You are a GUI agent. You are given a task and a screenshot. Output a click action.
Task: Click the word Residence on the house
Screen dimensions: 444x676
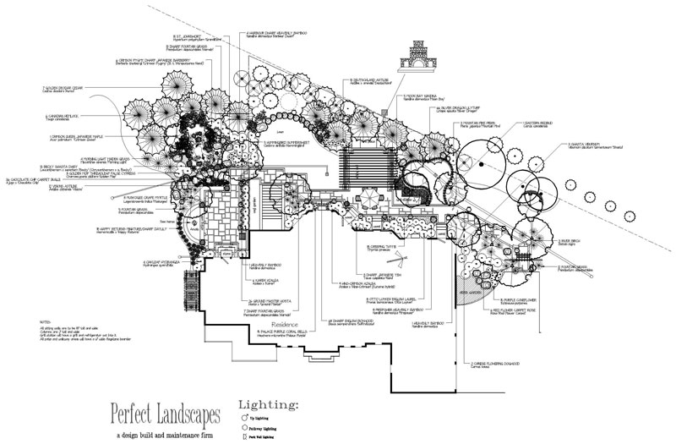286,324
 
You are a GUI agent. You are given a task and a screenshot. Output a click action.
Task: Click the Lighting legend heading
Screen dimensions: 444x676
269,405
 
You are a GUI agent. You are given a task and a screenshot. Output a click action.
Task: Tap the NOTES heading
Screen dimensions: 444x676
46,322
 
